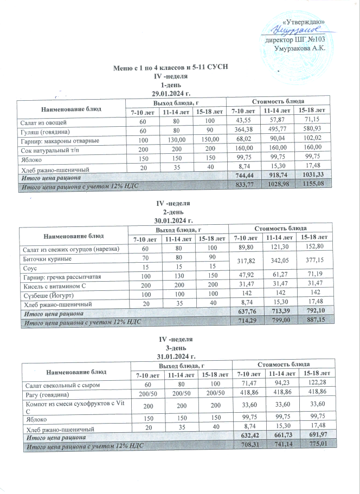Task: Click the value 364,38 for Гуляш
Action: (242, 131)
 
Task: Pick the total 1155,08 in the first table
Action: (316, 186)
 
